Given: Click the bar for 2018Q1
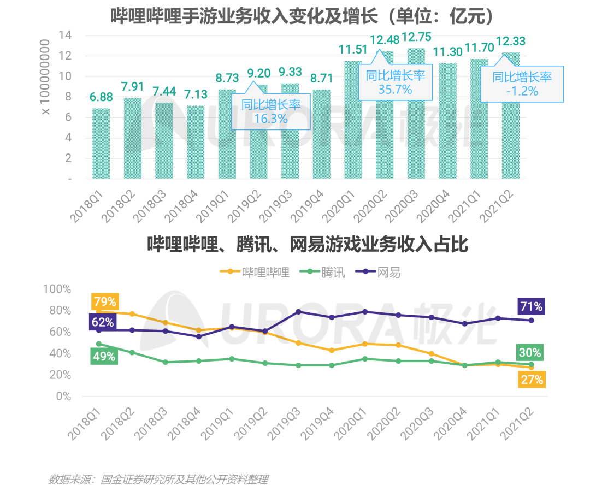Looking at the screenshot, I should (101, 143).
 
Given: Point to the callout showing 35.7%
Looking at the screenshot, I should (395, 82).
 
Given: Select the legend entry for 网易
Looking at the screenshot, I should (382, 271).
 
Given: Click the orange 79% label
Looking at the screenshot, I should (104, 301).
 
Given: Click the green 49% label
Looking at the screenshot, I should (104, 356).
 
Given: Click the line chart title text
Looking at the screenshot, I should (307, 244).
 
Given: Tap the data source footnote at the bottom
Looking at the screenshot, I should (158, 480).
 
